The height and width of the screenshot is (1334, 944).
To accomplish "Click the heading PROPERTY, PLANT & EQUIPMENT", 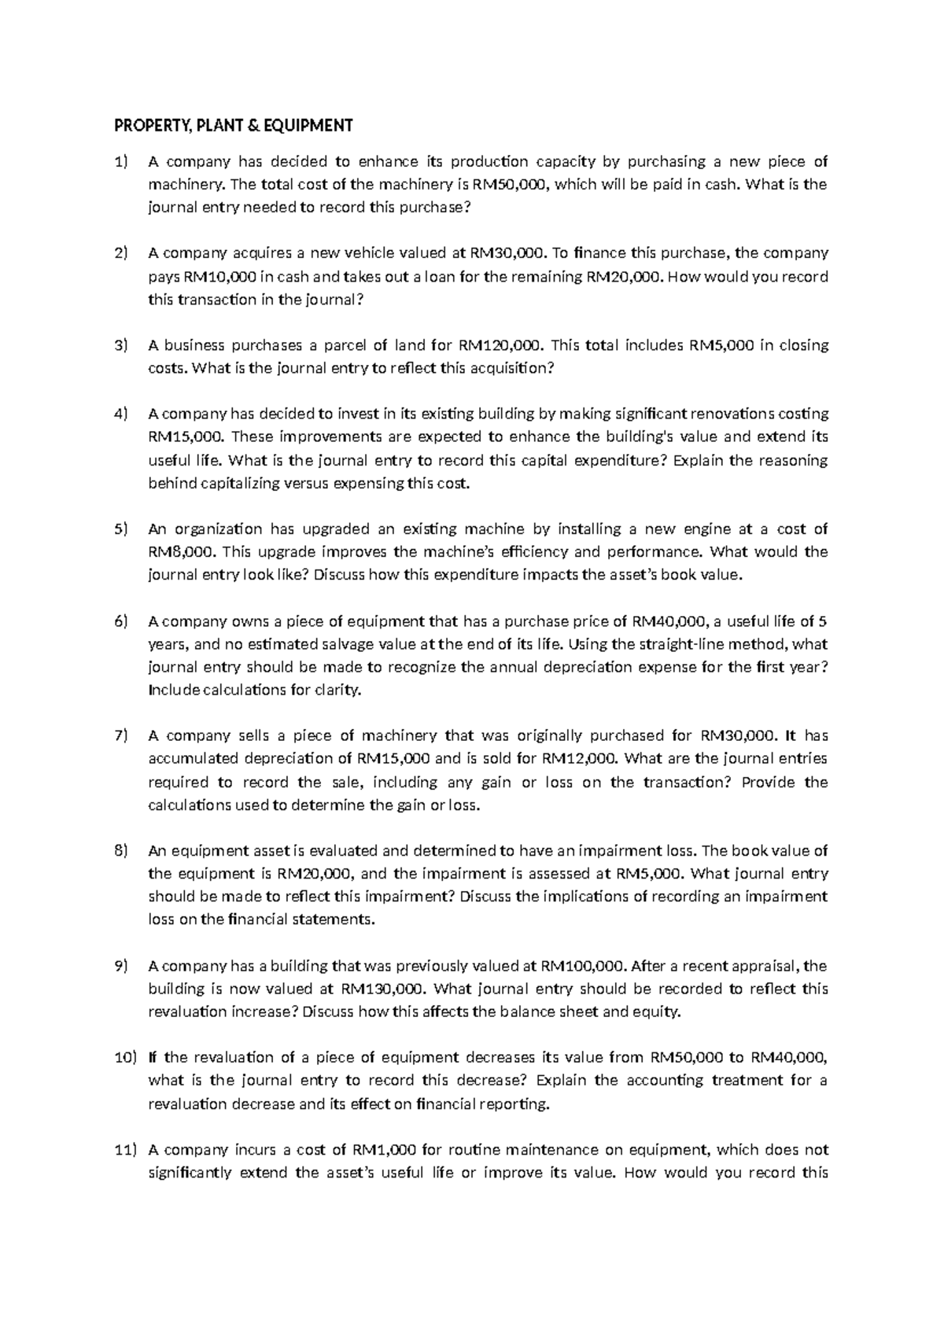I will pyautogui.click(x=234, y=125).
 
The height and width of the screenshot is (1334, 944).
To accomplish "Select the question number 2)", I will pyautogui.click(x=120, y=253).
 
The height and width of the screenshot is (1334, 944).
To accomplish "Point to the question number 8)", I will pyautogui.click(x=120, y=851).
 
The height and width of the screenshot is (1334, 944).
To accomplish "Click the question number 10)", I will pyautogui.click(x=124, y=1058).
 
